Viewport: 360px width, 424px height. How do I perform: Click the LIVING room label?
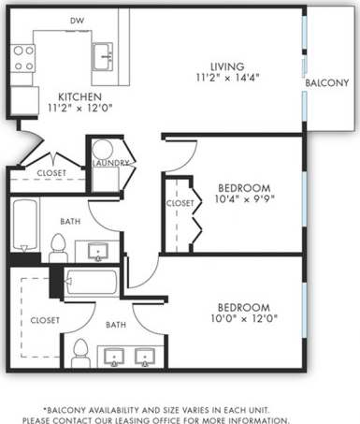pos(227,66)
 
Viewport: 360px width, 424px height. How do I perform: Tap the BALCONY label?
pos(327,83)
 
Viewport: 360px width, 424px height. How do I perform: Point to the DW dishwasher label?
pos(77,20)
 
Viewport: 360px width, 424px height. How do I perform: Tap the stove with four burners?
pos(23,59)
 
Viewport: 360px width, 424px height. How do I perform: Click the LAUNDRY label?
pos(110,163)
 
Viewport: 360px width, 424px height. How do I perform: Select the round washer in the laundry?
pos(102,150)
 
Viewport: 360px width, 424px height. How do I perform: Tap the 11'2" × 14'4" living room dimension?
pos(227,78)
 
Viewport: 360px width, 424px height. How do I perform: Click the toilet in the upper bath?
pos(58,247)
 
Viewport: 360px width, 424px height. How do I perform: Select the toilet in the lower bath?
pos(80,352)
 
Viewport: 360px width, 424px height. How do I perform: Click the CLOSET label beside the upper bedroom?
pos(180,203)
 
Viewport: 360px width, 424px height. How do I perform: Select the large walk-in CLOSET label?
pos(44,320)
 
